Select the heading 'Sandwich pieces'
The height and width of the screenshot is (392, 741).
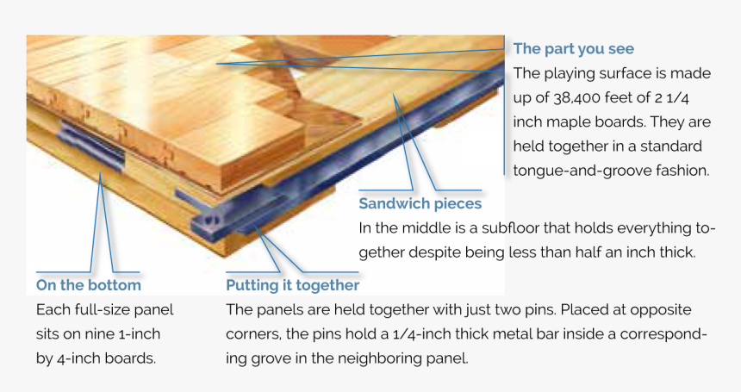click(x=420, y=204)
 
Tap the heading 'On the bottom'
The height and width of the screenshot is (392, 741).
click(x=88, y=285)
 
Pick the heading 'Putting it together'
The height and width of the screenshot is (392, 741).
click(x=292, y=285)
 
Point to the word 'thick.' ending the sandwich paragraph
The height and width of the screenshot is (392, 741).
click(x=675, y=252)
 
